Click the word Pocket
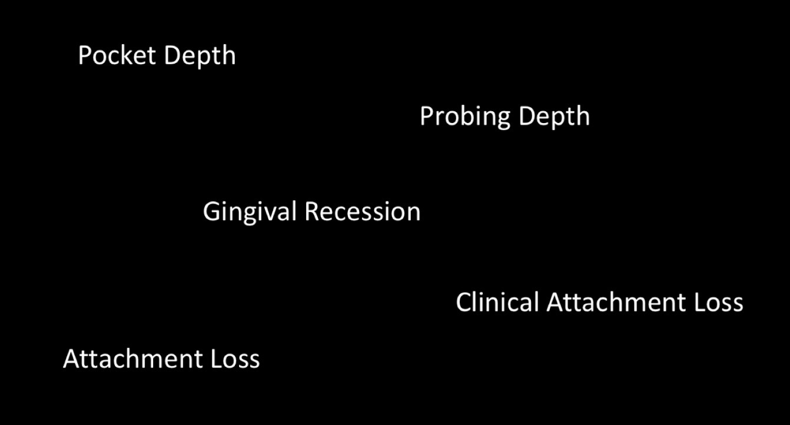(117, 55)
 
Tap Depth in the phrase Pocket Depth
(200, 57)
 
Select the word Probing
(465, 117)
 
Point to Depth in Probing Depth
(554, 117)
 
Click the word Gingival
(250, 213)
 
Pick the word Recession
(363, 212)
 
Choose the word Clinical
(497, 302)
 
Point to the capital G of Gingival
(211, 212)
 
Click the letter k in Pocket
(127, 55)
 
